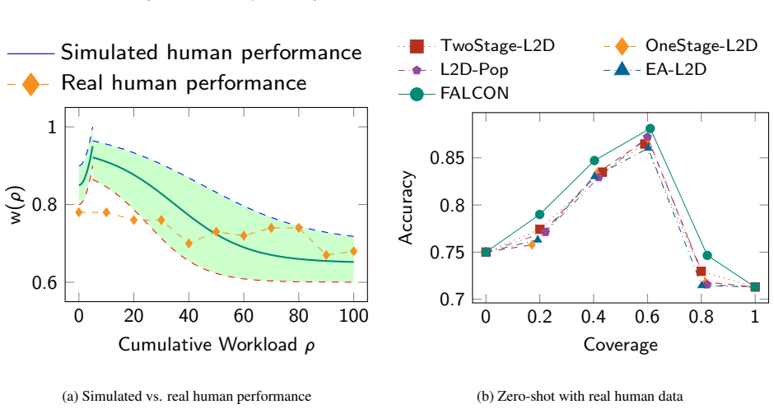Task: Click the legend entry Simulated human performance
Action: pos(184,53)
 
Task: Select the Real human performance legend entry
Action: pos(157,83)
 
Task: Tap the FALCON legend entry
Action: pos(454,93)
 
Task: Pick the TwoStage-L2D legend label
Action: pos(477,46)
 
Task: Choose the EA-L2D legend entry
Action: pos(655,69)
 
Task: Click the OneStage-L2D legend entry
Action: pos(680,46)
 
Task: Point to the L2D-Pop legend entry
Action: pos(453,70)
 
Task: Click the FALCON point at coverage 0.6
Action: pos(650,128)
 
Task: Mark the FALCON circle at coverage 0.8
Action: pos(706,255)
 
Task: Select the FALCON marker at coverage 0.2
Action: pos(539,215)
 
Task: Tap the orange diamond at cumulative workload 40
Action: pos(189,244)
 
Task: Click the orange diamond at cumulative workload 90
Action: pos(326,255)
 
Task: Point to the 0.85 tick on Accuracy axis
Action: pos(447,158)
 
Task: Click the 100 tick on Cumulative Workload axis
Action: pos(353,316)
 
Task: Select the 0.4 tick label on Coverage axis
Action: pos(594,316)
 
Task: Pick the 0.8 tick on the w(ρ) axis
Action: pos(44,204)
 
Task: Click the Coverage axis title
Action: pos(621,344)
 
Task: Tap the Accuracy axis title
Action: pos(406,207)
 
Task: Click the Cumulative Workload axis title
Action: pos(217,345)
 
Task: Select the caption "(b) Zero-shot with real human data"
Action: pos(580,396)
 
